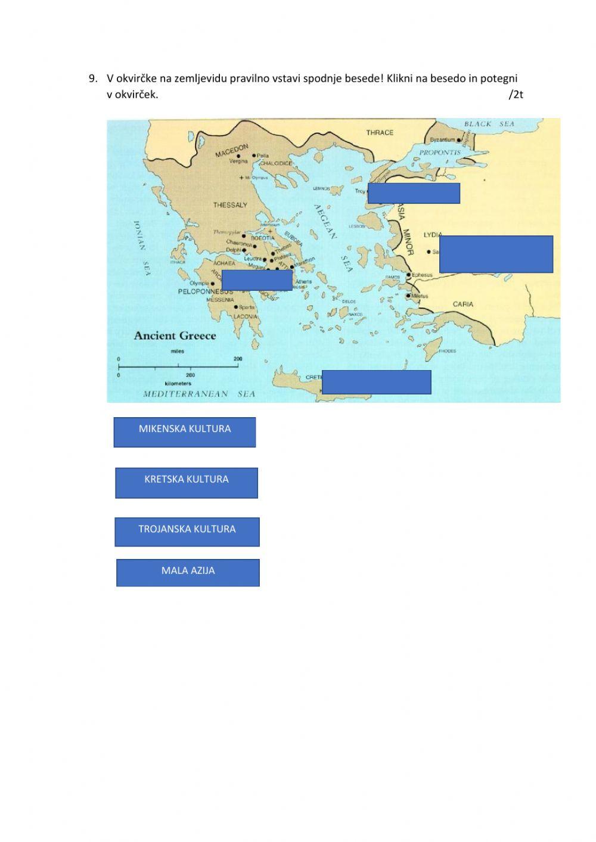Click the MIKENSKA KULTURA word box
(x=185, y=432)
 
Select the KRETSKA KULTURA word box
(x=187, y=483)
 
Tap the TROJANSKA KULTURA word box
(x=187, y=532)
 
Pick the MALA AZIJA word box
(x=188, y=573)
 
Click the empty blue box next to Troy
(x=414, y=193)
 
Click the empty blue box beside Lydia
(x=496, y=254)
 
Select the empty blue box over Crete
(x=376, y=382)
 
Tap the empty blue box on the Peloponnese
(x=257, y=280)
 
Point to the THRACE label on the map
(x=380, y=132)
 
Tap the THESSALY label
(x=230, y=205)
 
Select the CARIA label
(x=463, y=305)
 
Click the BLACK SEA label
(x=489, y=124)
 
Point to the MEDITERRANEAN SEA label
(x=199, y=394)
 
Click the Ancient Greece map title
(x=175, y=335)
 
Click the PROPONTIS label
(x=440, y=153)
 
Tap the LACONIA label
(x=246, y=316)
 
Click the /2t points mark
(x=516, y=94)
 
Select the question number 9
(x=92, y=78)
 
